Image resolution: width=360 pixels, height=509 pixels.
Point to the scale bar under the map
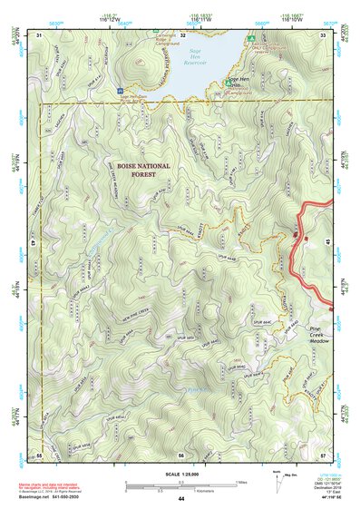[181, 482]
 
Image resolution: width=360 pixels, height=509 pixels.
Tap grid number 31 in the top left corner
[40, 34]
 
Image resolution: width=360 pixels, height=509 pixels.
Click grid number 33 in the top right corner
[323, 34]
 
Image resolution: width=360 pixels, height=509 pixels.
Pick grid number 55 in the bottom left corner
[40, 454]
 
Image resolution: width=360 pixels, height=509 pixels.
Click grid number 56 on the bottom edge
[181, 454]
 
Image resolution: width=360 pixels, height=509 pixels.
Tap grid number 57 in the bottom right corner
[323, 454]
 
